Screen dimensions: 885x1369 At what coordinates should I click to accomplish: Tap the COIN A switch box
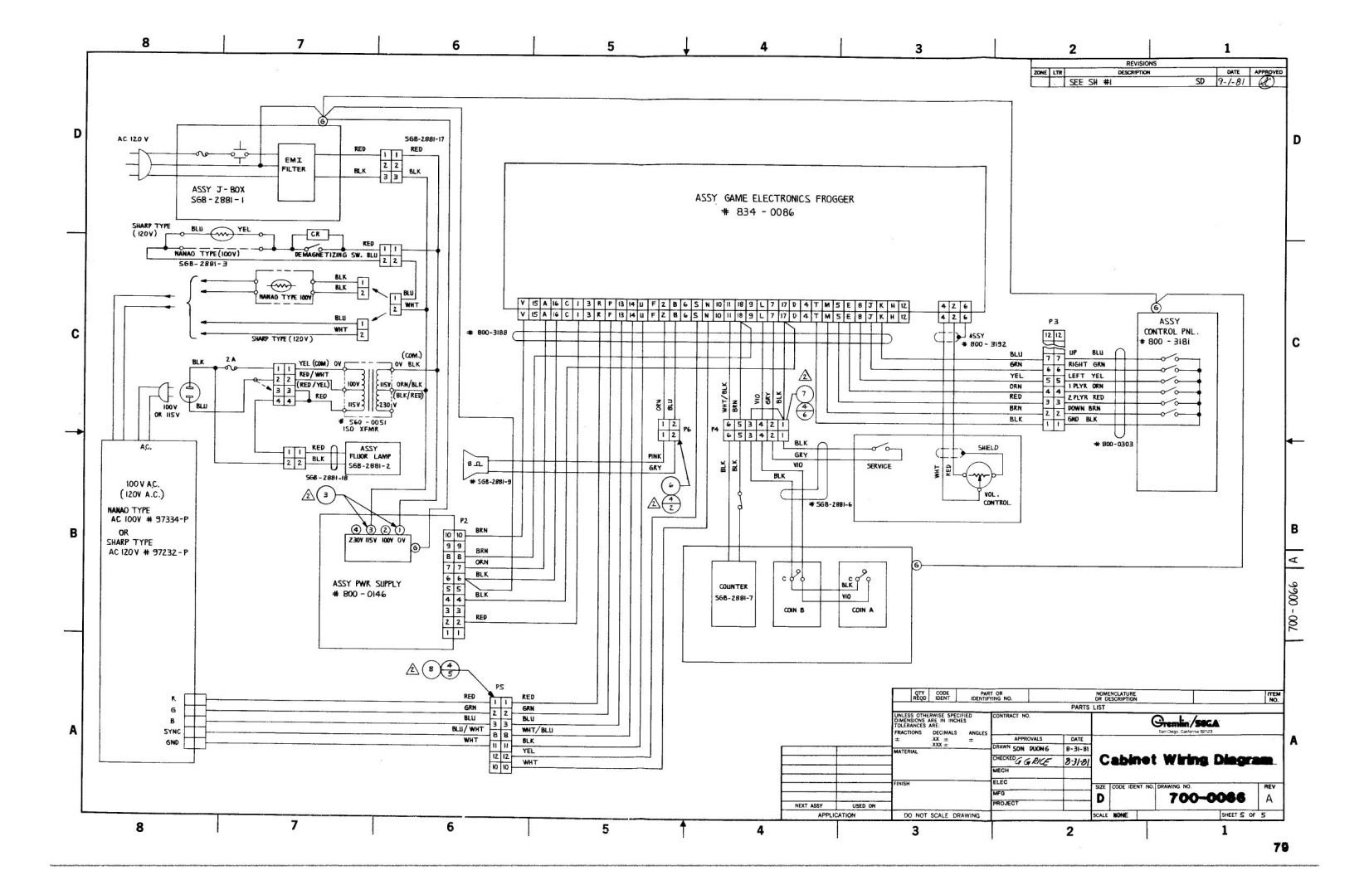coord(862,594)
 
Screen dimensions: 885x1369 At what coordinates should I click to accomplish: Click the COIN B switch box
coord(797,594)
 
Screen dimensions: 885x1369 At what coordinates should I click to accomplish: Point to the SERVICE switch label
coord(879,466)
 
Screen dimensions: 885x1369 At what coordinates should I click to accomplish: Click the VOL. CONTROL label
coord(996,498)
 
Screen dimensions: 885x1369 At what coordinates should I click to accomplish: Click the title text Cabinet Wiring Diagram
coord(1187,760)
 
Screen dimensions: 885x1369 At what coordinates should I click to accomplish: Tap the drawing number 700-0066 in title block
coord(1206,798)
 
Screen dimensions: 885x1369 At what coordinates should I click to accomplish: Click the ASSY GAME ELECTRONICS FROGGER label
coord(773,199)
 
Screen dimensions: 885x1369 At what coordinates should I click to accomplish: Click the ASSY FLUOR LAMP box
coord(368,458)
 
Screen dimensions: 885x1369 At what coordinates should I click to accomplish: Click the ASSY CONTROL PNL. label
coord(1168,331)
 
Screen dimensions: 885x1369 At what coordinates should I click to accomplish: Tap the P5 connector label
coord(499,687)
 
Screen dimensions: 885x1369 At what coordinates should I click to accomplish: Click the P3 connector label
coord(1054,320)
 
